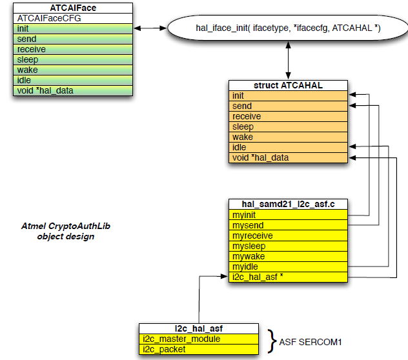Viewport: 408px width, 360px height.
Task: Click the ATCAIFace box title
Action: click(x=72, y=8)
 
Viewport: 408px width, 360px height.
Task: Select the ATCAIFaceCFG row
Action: click(x=72, y=18)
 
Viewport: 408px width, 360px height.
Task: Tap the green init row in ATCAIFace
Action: click(x=72, y=28)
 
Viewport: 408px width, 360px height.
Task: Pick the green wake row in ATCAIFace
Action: click(x=72, y=70)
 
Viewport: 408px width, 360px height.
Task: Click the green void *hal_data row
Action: click(x=72, y=90)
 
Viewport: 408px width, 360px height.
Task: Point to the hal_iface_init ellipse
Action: click(x=288, y=28)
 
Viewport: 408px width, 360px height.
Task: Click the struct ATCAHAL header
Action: click(x=289, y=85)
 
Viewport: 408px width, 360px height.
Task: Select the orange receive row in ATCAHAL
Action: click(x=289, y=116)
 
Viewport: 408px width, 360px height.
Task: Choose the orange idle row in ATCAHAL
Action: click(x=289, y=147)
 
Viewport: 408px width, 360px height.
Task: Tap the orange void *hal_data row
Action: click(x=289, y=157)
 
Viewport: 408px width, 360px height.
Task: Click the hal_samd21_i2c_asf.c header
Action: click(x=289, y=204)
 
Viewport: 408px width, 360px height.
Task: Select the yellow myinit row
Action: click(x=289, y=215)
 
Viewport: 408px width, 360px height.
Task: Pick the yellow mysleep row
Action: click(x=289, y=246)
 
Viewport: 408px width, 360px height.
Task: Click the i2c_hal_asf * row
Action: click(x=289, y=277)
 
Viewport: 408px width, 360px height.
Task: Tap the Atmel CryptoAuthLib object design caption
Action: click(x=66, y=231)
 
